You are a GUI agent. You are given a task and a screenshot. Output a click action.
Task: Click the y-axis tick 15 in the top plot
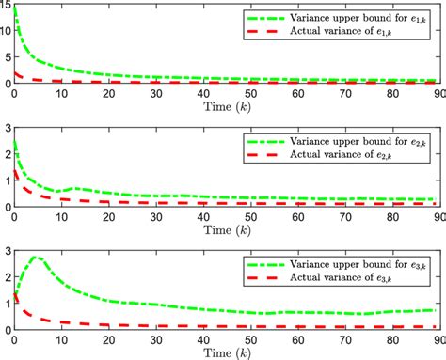pyautogui.click(x=7, y=8)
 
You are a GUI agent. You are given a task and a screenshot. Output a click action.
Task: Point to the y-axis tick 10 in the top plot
pyautogui.click(x=7, y=33)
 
